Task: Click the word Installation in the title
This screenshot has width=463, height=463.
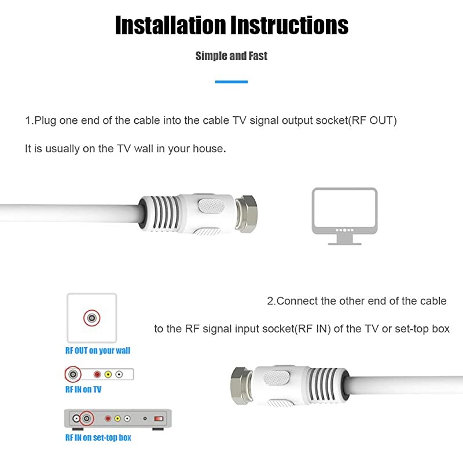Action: [x=170, y=25]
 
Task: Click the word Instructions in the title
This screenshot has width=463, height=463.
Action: [x=290, y=25]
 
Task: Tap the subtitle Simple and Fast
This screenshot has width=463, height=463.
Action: [x=231, y=56]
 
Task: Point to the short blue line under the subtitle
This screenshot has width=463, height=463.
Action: [x=231, y=82]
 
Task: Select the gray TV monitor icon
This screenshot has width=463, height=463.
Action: [x=344, y=214]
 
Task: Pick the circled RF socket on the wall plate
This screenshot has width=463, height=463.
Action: [x=91, y=317]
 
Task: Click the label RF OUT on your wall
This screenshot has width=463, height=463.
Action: [x=98, y=351]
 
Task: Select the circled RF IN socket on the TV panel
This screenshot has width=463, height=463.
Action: [x=72, y=374]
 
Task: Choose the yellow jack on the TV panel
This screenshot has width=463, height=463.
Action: [x=108, y=375]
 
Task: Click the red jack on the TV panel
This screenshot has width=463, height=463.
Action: [x=97, y=375]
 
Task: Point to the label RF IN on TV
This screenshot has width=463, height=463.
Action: [x=83, y=389]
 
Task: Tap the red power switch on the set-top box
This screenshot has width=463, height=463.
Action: [x=159, y=418]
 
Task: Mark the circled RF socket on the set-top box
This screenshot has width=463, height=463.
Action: [x=86, y=418]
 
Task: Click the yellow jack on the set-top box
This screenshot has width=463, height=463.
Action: [x=117, y=418]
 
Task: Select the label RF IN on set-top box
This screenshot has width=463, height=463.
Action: [x=98, y=438]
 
